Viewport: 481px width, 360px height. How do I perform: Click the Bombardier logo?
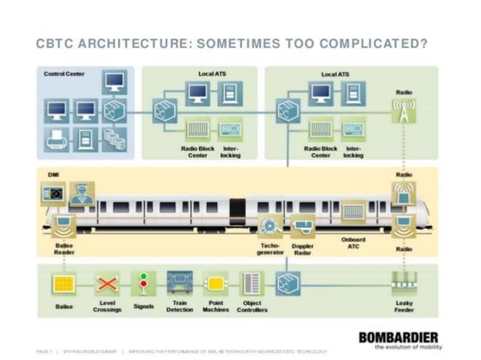(x=399, y=337)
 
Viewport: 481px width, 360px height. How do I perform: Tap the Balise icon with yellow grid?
(x=64, y=285)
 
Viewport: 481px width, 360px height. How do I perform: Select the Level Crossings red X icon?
(x=107, y=285)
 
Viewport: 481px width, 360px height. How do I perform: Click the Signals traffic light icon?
(x=143, y=285)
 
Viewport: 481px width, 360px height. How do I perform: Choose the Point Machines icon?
(x=216, y=285)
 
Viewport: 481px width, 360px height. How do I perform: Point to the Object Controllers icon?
(x=251, y=285)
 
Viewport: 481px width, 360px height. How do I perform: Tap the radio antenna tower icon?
(x=403, y=111)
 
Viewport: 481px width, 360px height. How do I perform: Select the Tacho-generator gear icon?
(x=269, y=225)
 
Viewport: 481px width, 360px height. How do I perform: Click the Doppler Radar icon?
(x=302, y=225)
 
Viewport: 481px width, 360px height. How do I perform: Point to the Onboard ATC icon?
(x=353, y=212)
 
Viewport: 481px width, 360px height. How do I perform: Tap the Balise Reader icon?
(x=64, y=224)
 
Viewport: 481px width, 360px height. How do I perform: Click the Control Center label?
(x=64, y=74)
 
